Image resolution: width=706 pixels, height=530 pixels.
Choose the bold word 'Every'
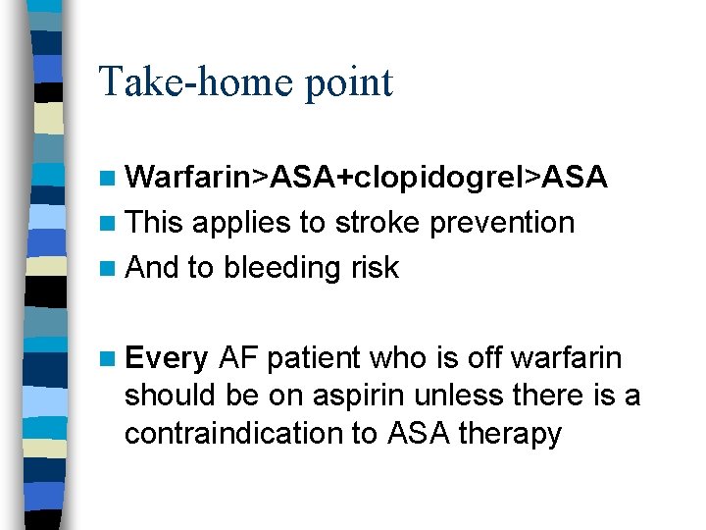click(167, 359)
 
